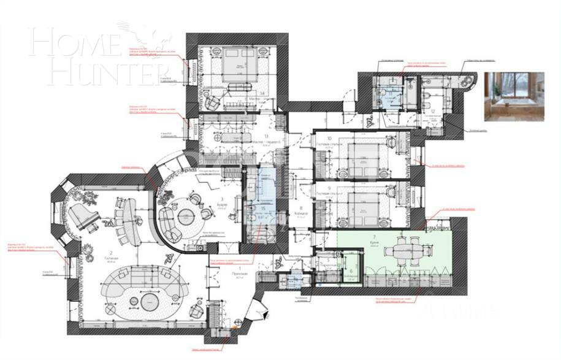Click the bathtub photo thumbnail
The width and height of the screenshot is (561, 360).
pos(514,96)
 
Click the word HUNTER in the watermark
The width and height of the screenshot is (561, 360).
pos(101,72)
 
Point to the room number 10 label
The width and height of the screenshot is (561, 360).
pos(329,139)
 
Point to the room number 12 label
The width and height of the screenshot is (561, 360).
pos(433,110)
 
